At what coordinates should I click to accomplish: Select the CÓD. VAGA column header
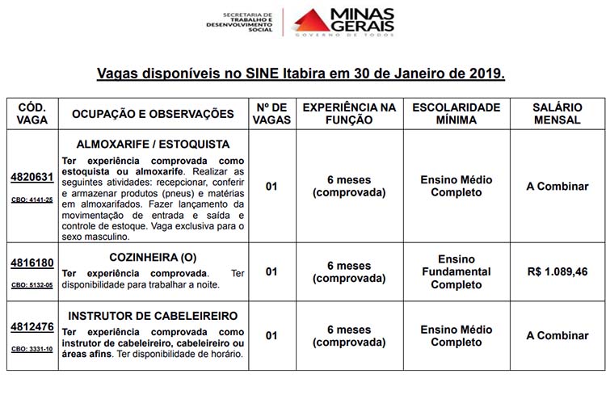(x=32, y=114)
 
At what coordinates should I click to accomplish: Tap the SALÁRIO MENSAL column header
(x=557, y=114)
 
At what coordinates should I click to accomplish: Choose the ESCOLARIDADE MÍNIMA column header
(x=456, y=114)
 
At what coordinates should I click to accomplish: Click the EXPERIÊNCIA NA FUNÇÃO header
(x=349, y=114)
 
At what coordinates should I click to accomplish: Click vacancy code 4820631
(x=32, y=178)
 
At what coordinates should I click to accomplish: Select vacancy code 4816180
(x=32, y=263)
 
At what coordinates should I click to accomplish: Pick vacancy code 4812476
(x=32, y=327)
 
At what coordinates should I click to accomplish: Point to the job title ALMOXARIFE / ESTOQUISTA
(x=153, y=145)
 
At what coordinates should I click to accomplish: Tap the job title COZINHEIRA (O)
(x=153, y=258)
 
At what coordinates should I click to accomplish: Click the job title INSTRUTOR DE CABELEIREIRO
(x=153, y=315)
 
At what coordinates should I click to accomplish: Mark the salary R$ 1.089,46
(x=557, y=271)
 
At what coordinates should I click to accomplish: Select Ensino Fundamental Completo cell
(x=456, y=272)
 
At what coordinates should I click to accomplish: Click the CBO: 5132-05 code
(x=32, y=285)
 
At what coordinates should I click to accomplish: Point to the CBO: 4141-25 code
(x=32, y=200)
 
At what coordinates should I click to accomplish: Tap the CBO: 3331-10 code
(x=32, y=349)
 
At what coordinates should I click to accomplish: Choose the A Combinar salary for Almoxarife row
(x=557, y=187)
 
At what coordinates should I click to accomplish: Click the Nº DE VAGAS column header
(x=271, y=114)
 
